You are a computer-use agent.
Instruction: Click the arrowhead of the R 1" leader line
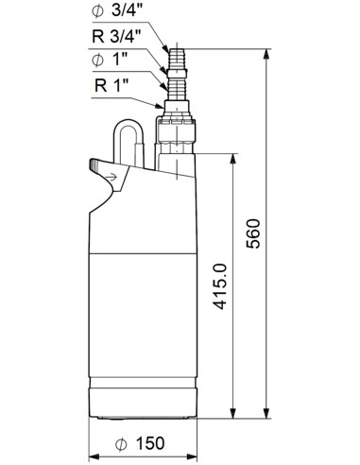coord(163,107)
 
